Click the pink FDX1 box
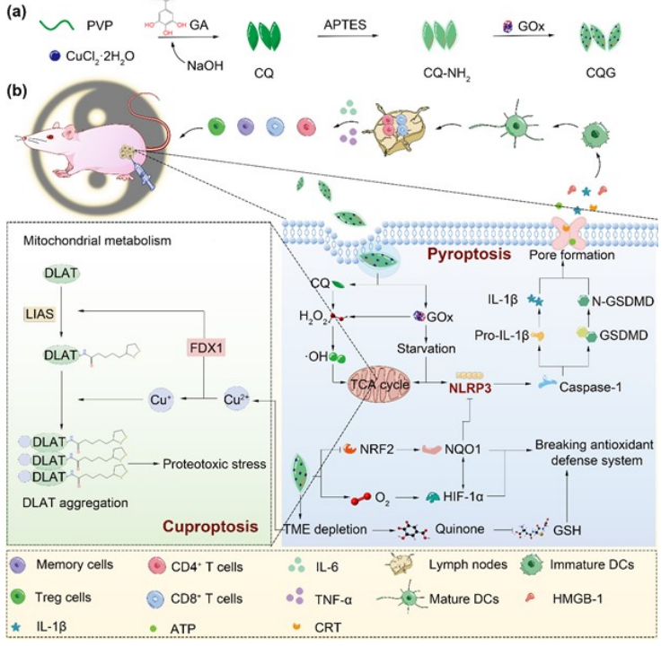pos(207,348)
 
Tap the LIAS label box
pos(40,314)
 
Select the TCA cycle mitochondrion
pos(379,385)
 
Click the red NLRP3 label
pos(470,388)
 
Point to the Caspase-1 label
pos(591,388)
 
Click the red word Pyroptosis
pos(469,254)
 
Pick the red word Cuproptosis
pos(210,526)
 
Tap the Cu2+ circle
pos(236,399)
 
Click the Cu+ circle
pos(161,399)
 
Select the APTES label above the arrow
pos(345,25)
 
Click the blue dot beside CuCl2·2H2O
pos(55,56)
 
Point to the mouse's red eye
pos(50,137)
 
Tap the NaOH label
pos(205,65)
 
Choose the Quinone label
pos(459,529)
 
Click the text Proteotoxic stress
pos(214,464)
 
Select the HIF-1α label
pos(463,496)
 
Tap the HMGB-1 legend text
pos(577,598)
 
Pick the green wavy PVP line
pos(57,25)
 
